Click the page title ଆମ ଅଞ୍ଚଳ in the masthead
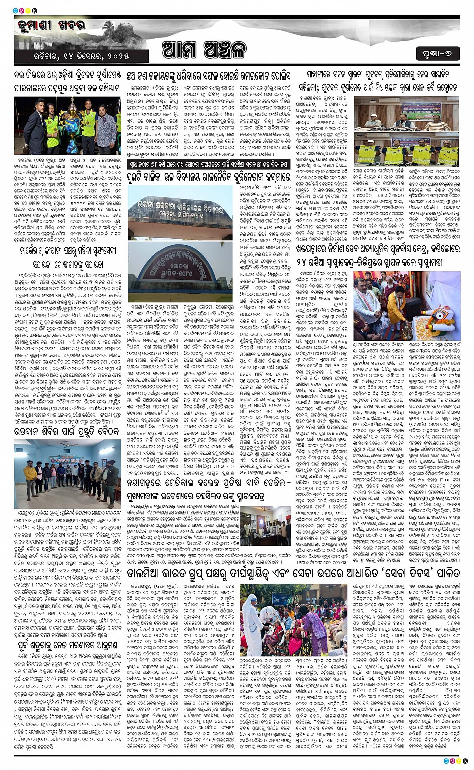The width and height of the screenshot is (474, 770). coord(205,51)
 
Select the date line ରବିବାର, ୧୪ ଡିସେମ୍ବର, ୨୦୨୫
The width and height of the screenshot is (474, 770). coord(72,56)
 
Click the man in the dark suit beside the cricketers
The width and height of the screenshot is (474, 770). coord(108,126)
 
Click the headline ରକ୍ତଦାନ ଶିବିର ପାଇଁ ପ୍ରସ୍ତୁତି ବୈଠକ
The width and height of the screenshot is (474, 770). coord(67,431)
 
